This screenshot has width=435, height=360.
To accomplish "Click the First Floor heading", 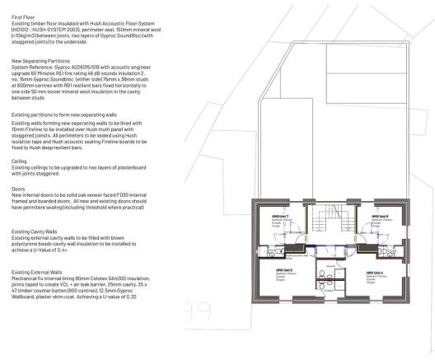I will (x=22, y=16).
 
